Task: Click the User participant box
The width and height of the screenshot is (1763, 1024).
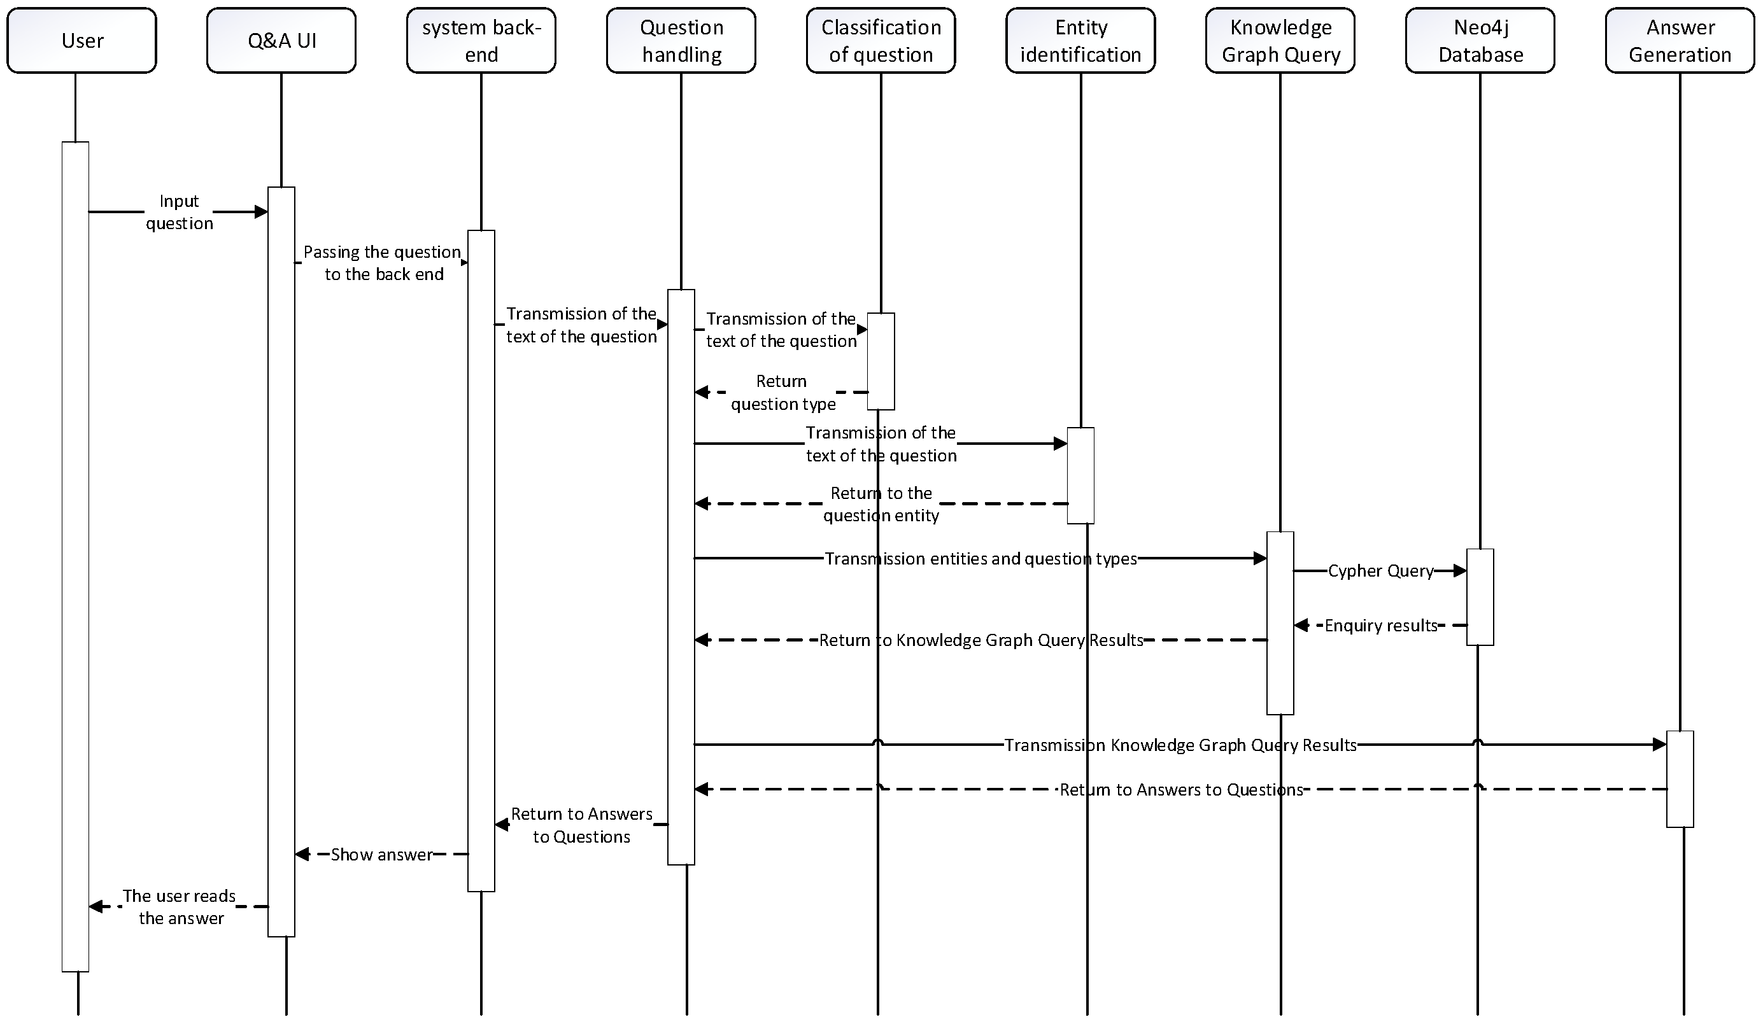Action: (82, 41)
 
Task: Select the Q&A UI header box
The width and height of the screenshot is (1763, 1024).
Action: (281, 41)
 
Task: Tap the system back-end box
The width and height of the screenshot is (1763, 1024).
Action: (481, 41)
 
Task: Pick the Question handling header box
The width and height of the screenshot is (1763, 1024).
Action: (681, 41)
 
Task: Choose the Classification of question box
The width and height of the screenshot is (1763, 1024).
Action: (881, 41)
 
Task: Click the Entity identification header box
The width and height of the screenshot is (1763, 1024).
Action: (1080, 41)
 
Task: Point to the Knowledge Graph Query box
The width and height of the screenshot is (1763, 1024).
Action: (1280, 41)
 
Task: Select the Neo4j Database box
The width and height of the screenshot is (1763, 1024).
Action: (1480, 41)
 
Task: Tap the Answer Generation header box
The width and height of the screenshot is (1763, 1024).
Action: (1680, 41)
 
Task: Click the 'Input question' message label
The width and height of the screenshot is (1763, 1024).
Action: (179, 212)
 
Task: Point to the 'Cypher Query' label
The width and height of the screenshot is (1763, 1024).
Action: (1380, 571)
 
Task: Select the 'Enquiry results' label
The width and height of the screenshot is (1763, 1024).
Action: (1380, 626)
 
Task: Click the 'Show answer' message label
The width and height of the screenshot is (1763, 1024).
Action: (381, 854)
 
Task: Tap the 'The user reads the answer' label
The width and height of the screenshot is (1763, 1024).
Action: (180, 906)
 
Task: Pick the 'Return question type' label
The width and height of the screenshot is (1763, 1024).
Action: (782, 393)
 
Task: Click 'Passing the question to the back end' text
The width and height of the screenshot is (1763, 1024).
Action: (383, 263)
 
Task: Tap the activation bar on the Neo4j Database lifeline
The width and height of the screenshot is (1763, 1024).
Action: (1480, 596)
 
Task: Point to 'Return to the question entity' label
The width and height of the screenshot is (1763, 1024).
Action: (881, 503)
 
